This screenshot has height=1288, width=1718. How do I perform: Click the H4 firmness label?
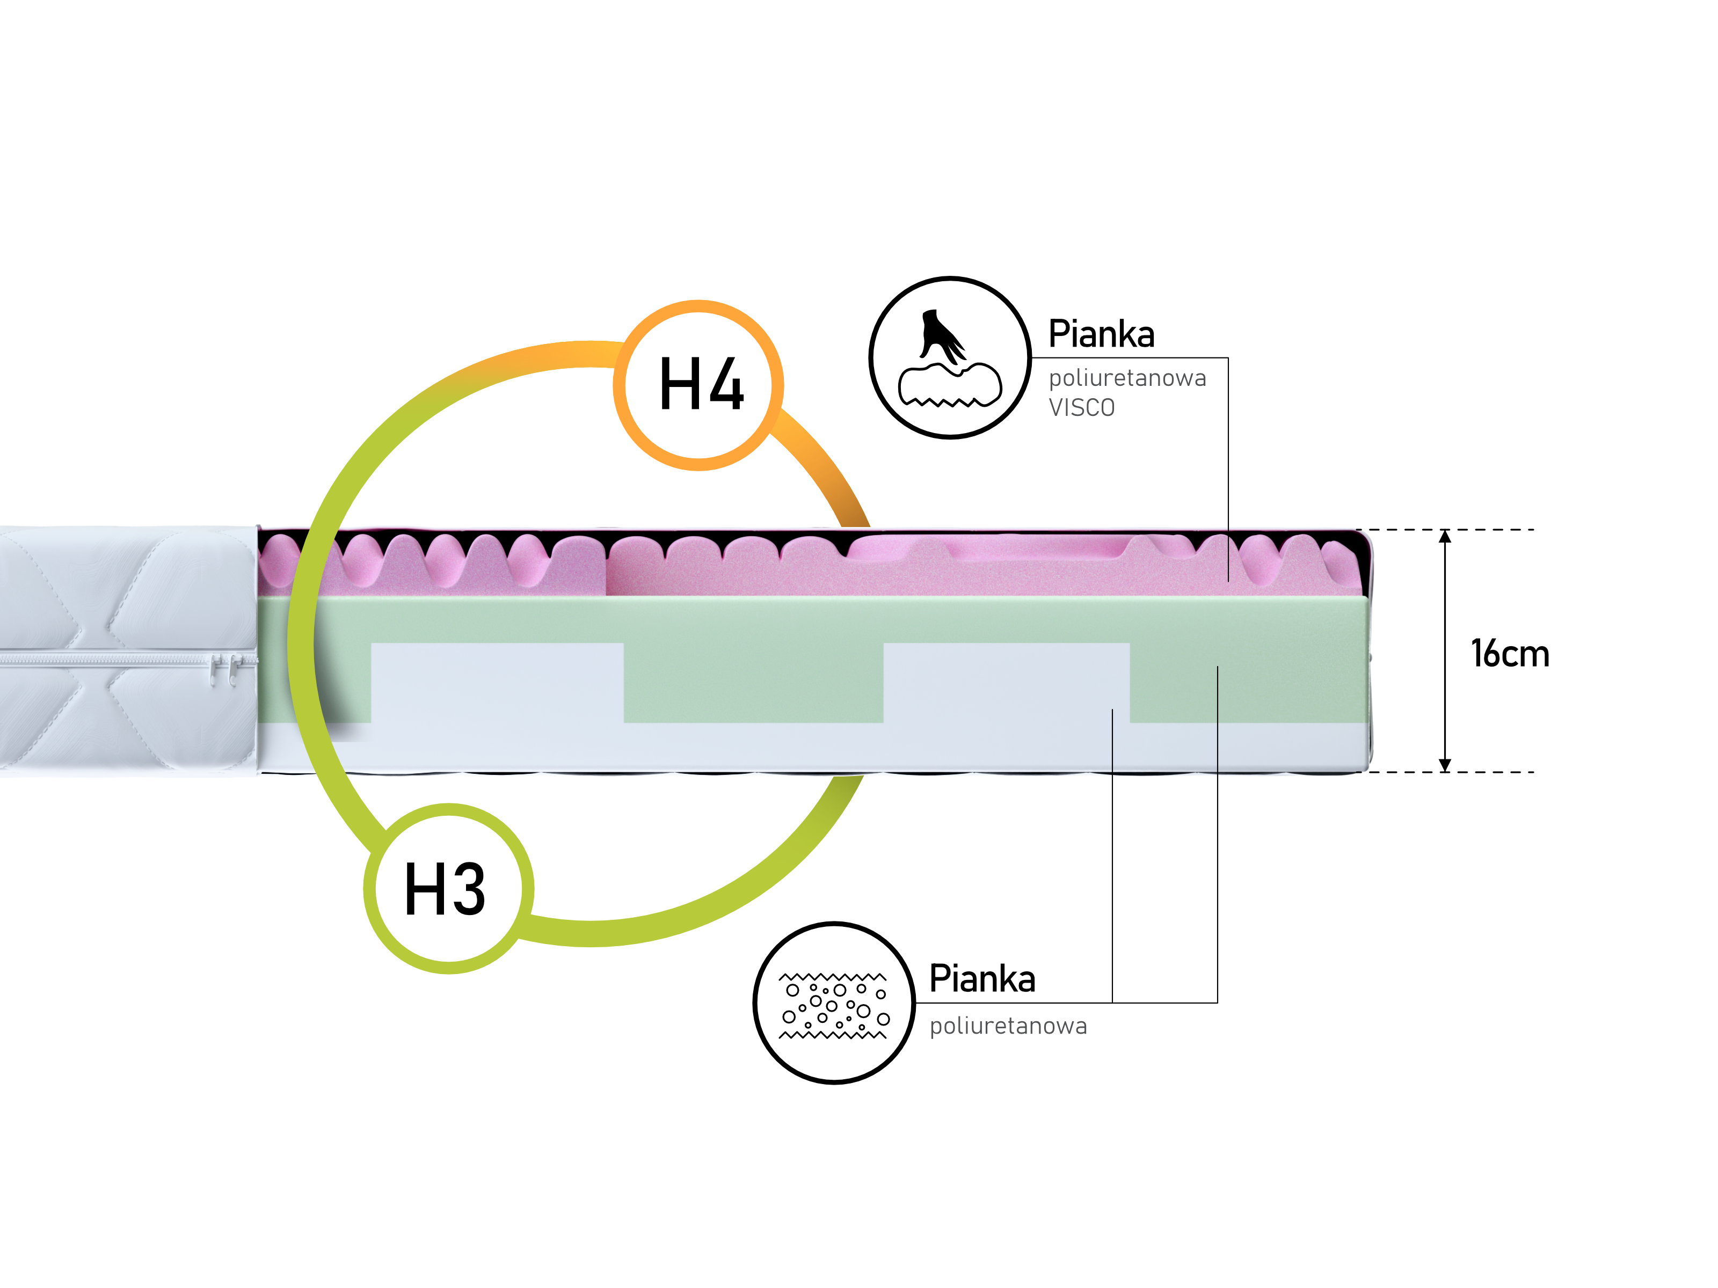pyautogui.click(x=701, y=385)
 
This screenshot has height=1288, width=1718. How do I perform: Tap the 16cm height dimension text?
pyautogui.click(x=1510, y=654)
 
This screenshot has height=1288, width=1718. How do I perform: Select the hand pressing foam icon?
pyautogui.click(x=949, y=358)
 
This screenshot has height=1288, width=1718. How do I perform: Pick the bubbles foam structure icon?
pyautogui.click(x=834, y=1004)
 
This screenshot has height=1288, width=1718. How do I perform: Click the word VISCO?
pyautogui.click(x=1081, y=407)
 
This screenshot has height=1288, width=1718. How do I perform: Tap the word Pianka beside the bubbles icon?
pyautogui.click(x=982, y=978)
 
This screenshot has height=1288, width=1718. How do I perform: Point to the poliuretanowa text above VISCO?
pyautogui.click(x=1127, y=378)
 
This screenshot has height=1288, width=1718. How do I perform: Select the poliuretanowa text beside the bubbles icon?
pyautogui.click(x=1008, y=1026)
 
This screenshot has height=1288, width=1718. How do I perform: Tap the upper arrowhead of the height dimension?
pyautogui.click(x=1445, y=537)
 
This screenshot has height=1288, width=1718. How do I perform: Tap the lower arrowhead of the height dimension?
pyautogui.click(x=1445, y=765)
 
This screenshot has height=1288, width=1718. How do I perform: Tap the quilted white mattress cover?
pyautogui.click(x=124, y=590)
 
